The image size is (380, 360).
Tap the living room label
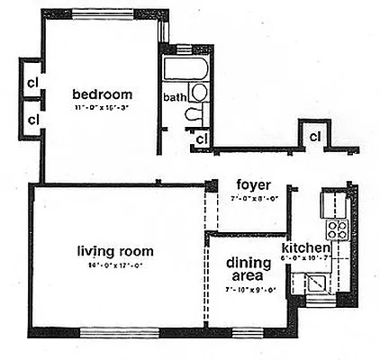[x=114, y=251]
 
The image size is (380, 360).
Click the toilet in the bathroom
[x=195, y=113]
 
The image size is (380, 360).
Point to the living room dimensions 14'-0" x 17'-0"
[x=114, y=265]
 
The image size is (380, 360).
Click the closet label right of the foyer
[x=316, y=136]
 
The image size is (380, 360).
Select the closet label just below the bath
[x=202, y=139]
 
